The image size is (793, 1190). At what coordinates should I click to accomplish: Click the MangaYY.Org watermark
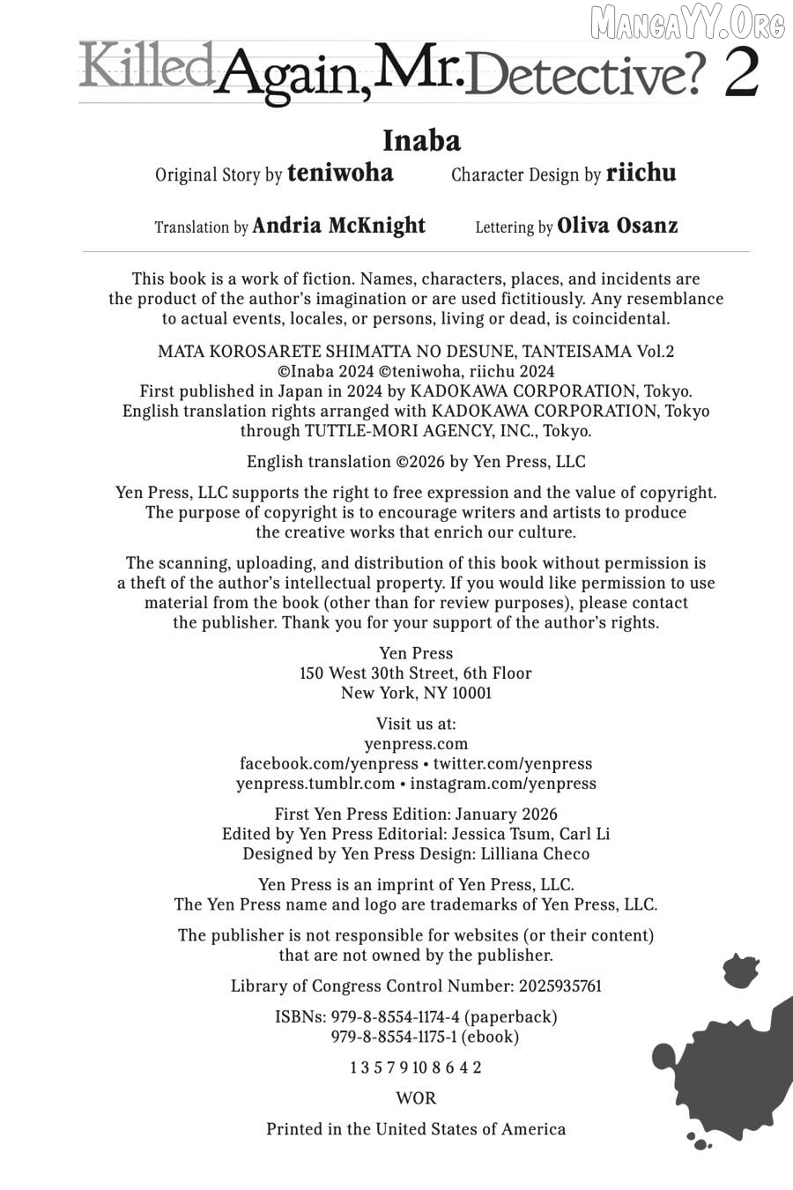coord(688,23)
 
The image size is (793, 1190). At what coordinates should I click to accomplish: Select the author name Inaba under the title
coord(421,140)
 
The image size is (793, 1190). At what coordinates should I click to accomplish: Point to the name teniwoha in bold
coord(340,173)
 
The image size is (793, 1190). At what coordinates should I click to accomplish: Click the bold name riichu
coord(641,173)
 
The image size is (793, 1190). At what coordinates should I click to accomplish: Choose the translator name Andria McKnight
coord(338,226)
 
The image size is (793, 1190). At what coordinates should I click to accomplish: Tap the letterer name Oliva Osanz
coord(618,226)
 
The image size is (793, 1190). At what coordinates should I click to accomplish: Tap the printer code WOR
coord(416,1098)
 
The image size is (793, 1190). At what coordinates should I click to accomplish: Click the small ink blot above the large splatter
coord(740,971)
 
